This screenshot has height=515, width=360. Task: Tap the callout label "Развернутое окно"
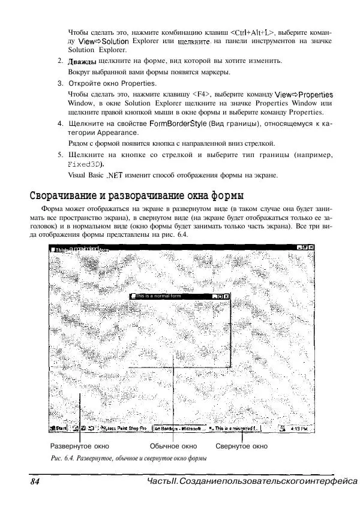[x=79, y=447]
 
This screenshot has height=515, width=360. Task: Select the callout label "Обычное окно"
[x=173, y=447]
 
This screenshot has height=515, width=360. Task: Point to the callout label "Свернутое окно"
[x=241, y=447]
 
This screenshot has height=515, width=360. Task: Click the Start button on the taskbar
[x=59, y=429]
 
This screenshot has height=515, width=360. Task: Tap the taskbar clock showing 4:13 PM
[x=298, y=429]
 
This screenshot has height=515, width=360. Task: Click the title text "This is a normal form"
[x=158, y=296]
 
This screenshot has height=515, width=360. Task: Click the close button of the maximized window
[x=311, y=248]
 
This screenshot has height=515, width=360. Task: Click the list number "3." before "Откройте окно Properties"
[x=61, y=83]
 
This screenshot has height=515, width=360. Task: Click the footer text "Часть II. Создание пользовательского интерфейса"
[x=251, y=482]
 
